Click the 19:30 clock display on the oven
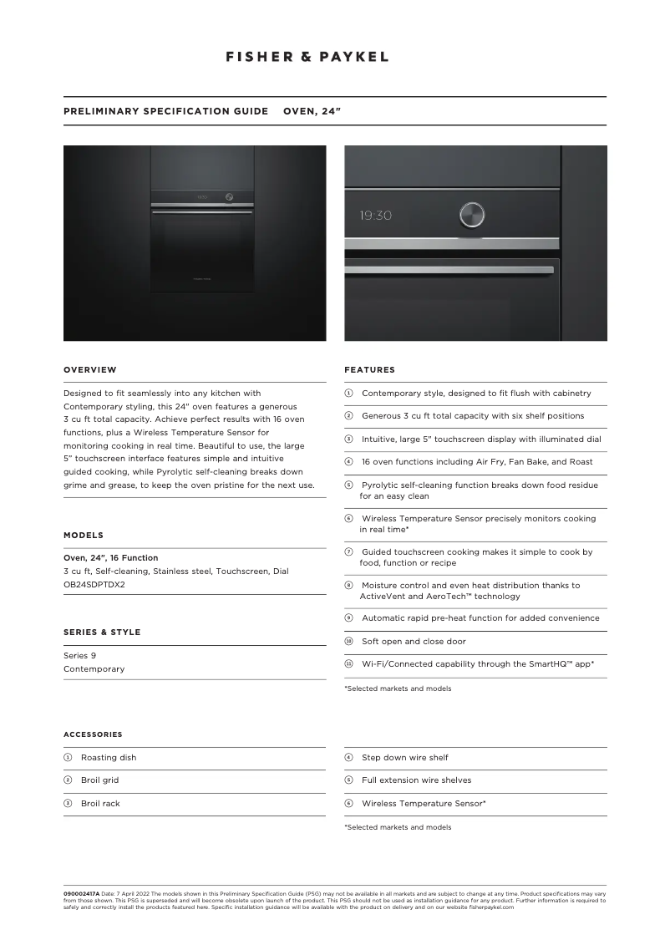376,216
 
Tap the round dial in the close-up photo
471,215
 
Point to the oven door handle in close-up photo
449,270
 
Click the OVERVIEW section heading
90,370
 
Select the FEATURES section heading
369,370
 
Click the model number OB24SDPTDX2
94,584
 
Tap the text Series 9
79,656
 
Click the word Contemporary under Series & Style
94,669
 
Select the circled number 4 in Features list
349,461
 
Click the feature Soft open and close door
414,642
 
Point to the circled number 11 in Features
349,663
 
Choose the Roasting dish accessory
109,758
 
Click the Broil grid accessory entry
99,780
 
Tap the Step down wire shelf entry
404,758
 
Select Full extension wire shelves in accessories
416,780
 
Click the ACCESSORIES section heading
93,735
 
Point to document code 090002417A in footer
81,894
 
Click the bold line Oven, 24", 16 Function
110,557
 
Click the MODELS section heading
84,536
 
